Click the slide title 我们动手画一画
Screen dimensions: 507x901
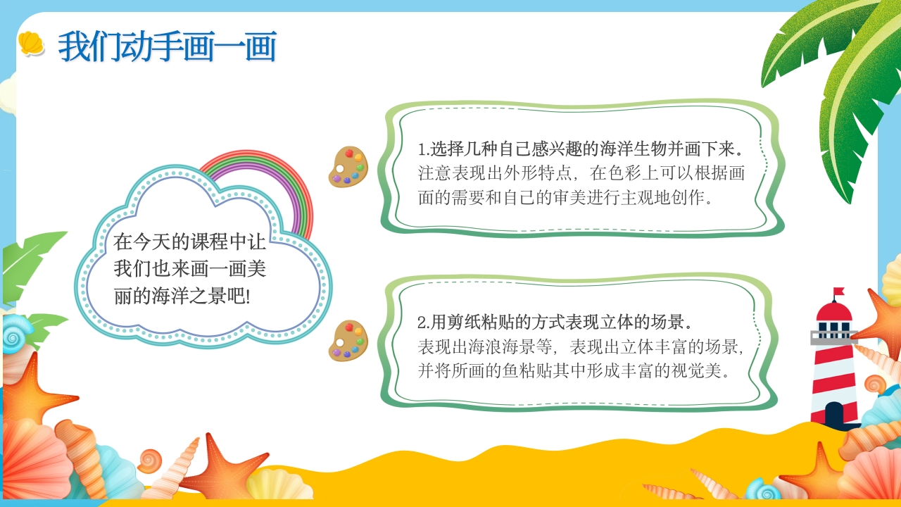click(167, 46)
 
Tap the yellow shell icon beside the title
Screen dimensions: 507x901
click(31, 44)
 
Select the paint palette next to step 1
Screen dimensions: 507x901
click(348, 167)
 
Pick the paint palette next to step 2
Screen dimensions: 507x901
click(348, 340)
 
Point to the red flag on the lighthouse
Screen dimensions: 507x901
click(838, 292)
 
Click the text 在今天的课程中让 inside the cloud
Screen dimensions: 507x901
click(190, 243)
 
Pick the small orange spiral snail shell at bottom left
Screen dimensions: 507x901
click(149, 461)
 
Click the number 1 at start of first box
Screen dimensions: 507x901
click(421, 150)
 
